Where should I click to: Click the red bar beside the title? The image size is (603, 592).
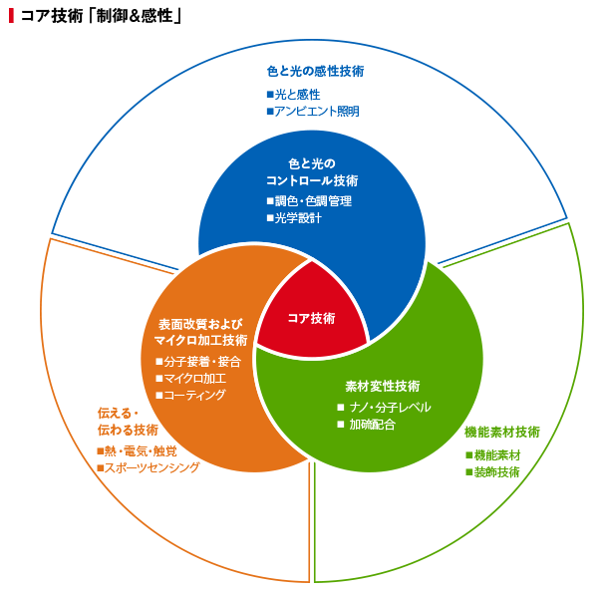coord(11,16)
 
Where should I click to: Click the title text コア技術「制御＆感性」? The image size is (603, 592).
coord(101,16)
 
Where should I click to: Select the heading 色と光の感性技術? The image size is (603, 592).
coord(315,71)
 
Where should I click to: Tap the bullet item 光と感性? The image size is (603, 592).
coord(294,95)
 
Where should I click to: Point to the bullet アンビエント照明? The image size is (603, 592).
coord(313,112)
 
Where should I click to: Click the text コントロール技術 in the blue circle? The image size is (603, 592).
coord(312,180)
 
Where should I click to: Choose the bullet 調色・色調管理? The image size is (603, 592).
coord(310,200)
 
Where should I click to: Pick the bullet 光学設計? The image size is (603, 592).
coord(294,218)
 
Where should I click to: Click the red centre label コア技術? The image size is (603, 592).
coord(312,318)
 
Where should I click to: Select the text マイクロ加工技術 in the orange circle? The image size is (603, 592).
coord(200,341)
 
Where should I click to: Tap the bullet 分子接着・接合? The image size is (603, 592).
coord(198,362)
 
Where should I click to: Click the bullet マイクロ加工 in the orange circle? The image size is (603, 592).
coord(190,379)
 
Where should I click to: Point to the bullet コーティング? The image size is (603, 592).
coord(190,395)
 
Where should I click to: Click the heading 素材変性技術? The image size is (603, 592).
coord(383,387)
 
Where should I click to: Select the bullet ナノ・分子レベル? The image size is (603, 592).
coord(384,407)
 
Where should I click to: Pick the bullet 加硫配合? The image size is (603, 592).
coord(367,425)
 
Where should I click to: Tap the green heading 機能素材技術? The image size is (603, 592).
coord(502,432)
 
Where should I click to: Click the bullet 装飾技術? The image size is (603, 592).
coord(493,472)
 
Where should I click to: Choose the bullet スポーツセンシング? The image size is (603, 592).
coord(149,467)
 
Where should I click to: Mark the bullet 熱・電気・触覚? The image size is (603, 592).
coord(138,450)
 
